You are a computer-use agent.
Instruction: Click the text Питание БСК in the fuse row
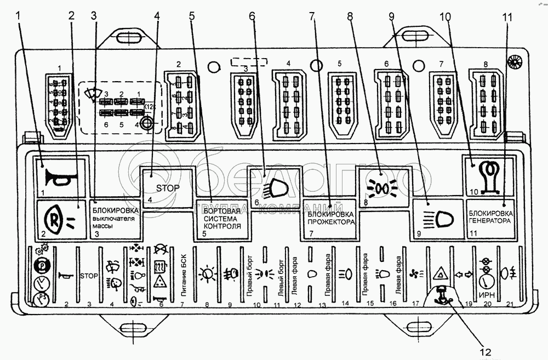[182, 277]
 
